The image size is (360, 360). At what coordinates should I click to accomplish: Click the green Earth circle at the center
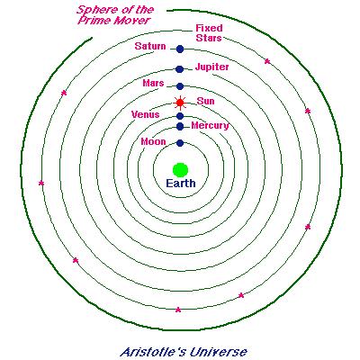tap(180, 170)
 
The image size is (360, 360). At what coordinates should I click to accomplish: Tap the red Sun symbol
tap(180, 103)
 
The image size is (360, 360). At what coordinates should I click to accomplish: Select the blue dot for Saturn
tap(180, 49)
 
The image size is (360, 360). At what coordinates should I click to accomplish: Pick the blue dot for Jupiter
tap(179, 69)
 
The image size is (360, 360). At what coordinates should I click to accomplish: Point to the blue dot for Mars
tap(180, 86)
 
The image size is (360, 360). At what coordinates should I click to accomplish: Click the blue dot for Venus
tap(180, 116)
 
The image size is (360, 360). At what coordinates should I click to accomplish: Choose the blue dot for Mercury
tap(180, 126)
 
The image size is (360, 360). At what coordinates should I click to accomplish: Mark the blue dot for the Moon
tap(180, 143)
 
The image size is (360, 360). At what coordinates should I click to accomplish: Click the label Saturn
tap(150, 46)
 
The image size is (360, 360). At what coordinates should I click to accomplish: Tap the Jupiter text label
tap(212, 67)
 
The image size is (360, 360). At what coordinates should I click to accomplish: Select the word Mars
tap(153, 83)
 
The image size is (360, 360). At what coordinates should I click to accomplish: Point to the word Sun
tap(206, 101)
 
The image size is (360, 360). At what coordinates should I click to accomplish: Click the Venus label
tap(146, 114)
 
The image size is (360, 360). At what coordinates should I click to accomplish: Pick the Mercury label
tap(210, 126)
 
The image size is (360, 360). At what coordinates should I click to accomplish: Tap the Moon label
tap(153, 141)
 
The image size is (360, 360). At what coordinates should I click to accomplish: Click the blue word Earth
tap(181, 184)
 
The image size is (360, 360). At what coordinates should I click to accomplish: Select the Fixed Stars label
tap(209, 33)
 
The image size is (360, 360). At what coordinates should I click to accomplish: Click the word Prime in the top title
tap(93, 21)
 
